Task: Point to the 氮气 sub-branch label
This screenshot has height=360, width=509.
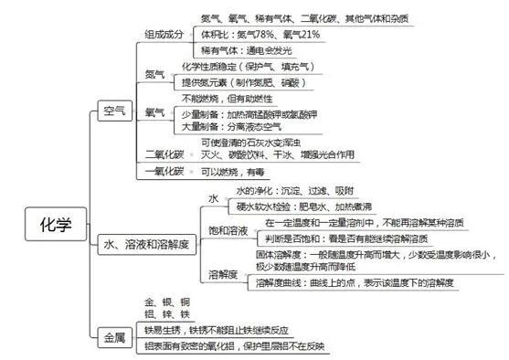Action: tap(154, 72)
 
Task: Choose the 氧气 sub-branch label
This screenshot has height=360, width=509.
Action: tap(155, 112)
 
